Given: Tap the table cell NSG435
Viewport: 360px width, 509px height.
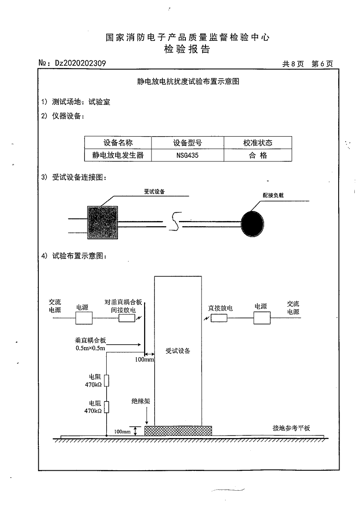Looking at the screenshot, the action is click(x=188, y=155).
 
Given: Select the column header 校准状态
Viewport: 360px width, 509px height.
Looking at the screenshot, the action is click(x=258, y=143).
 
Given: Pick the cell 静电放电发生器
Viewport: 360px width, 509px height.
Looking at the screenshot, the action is click(x=118, y=155).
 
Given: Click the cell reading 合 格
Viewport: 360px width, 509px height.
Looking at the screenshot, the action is click(x=258, y=155).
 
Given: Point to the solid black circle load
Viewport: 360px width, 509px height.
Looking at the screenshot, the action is click(x=252, y=224).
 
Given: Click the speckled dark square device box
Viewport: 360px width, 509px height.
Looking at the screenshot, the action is click(x=103, y=223).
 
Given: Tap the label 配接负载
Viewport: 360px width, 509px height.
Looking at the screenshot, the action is click(x=273, y=195).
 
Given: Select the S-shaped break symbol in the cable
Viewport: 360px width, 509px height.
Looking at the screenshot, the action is click(x=175, y=221).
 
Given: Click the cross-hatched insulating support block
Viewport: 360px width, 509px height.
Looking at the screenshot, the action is click(x=178, y=431).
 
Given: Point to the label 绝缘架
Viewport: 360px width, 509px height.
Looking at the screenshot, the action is click(x=141, y=401).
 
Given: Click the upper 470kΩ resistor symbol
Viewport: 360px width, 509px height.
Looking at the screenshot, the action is click(x=107, y=381).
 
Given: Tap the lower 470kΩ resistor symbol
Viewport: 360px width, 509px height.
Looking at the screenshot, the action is click(x=107, y=407).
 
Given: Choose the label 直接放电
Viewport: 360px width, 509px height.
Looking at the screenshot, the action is click(x=221, y=308).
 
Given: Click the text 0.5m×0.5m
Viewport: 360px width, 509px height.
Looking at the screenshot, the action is click(x=90, y=348).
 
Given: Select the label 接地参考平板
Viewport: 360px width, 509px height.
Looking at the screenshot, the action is click(x=291, y=428).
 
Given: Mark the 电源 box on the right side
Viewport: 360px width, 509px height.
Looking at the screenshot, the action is click(x=262, y=318).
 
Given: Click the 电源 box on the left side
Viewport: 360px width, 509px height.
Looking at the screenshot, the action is click(x=84, y=318).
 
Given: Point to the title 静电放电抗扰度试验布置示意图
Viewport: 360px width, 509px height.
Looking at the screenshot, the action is click(x=188, y=81).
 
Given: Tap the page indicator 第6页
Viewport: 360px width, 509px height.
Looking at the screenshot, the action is click(x=322, y=64).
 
